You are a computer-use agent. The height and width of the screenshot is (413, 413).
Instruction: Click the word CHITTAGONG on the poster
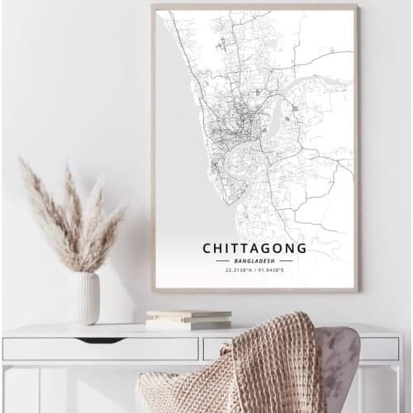coord(254,247)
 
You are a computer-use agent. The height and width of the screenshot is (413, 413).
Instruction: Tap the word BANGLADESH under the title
coord(254,260)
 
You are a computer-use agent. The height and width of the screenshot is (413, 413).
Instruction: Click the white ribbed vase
coord(84,297)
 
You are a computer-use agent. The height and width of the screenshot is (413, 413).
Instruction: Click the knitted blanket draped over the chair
coord(240,363)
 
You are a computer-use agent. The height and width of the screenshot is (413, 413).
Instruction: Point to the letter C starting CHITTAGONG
coord(206,247)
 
